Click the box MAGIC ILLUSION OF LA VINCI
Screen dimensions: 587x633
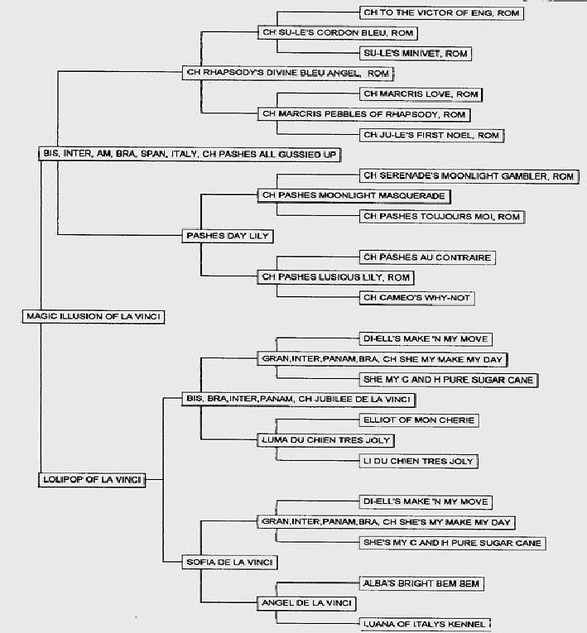click(93, 316)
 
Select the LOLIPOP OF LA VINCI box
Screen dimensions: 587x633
click(92, 480)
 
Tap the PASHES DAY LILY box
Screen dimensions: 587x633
click(228, 236)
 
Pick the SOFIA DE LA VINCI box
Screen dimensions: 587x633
click(229, 562)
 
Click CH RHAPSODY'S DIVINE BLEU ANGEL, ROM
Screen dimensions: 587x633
click(287, 73)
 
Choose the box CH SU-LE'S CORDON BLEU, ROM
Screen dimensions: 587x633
click(337, 33)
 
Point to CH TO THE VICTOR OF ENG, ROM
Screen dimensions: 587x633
click(441, 13)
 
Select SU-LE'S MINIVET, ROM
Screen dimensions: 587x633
click(416, 53)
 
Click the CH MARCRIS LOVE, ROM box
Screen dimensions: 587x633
click(421, 94)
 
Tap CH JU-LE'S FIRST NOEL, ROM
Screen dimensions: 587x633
click(431, 135)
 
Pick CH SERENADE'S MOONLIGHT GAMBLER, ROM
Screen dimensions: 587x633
click(469, 176)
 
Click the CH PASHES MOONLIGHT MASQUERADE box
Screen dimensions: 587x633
click(354, 196)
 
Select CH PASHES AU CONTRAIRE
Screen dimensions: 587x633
click(427, 257)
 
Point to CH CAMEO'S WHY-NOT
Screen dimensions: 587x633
click(416, 298)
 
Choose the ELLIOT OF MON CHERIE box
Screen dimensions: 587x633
click(419, 420)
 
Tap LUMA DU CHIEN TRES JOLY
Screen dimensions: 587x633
click(325, 440)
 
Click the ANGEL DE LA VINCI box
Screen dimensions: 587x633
click(306, 603)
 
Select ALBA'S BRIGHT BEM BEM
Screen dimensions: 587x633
click(421, 583)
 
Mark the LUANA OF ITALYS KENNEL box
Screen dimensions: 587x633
click(425, 624)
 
